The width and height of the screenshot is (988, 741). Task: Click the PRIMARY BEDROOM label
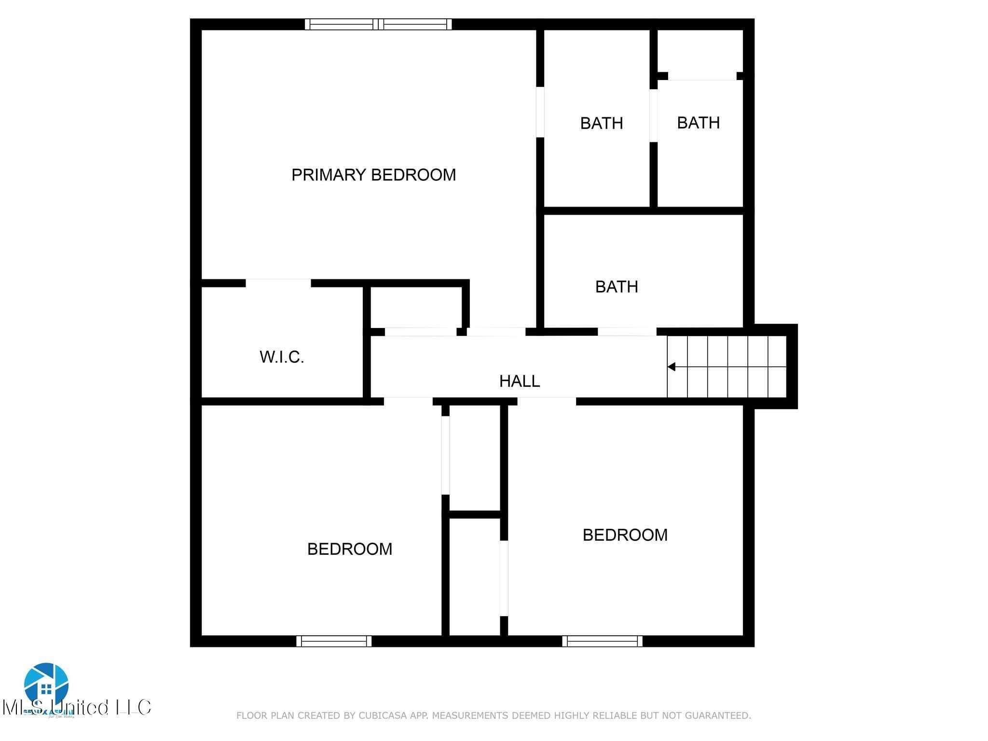(x=373, y=175)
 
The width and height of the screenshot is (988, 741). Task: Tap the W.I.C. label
(x=282, y=357)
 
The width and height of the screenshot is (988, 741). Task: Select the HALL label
(x=519, y=381)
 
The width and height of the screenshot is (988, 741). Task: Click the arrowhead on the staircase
(x=671, y=367)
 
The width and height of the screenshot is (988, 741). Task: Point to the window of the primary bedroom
(x=378, y=24)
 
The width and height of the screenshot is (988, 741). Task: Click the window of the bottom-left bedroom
(x=334, y=641)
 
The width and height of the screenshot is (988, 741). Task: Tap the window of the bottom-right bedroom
(x=602, y=641)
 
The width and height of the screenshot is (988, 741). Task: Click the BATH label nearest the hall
(x=617, y=287)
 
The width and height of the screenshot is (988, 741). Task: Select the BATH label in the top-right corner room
(x=698, y=123)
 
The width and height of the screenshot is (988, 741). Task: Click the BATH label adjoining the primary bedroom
(x=601, y=123)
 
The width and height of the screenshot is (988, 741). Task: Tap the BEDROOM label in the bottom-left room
(x=349, y=549)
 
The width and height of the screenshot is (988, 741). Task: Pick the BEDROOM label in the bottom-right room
(x=625, y=535)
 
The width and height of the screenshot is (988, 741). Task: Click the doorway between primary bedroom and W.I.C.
(x=278, y=283)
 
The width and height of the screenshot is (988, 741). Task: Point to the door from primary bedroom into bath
(x=540, y=112)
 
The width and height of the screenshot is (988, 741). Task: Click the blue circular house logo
(x=46, y=685)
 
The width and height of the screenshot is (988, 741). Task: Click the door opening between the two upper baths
(x=653, y=116)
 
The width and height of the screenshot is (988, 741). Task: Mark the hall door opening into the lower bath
(x=627, y=331)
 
